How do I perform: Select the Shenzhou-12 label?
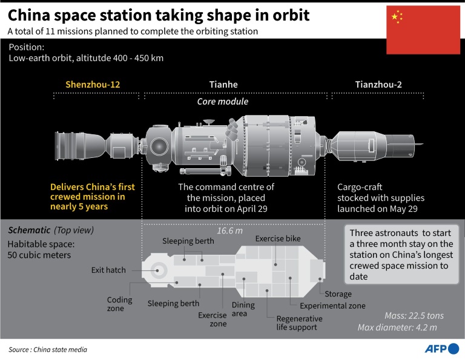pos(93,85)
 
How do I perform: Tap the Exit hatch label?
pos(108,270)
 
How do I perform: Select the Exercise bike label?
pos(278,239)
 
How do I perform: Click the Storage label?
pos(338,294)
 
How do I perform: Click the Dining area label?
pos(243,310)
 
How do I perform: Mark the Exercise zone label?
pos(213,319)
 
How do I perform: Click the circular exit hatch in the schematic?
pos(160,270)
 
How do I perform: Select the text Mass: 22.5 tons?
pos(414,316)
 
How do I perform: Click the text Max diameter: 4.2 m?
pos(406,328)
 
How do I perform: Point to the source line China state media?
pos(48,350)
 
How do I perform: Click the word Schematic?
pos(28,231)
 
